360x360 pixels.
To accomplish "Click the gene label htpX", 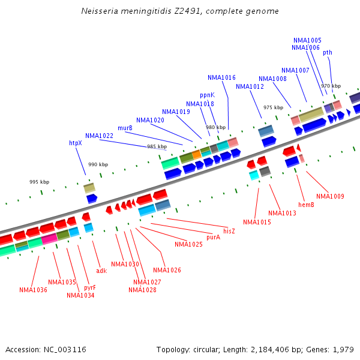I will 76,143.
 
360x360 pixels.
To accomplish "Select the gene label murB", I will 125,128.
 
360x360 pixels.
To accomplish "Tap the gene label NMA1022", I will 99,136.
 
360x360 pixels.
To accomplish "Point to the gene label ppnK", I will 207,95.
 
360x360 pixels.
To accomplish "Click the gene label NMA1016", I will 222,77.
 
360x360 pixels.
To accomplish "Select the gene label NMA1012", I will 250,86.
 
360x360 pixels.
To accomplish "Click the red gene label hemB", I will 306,205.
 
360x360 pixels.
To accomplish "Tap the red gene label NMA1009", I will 330,196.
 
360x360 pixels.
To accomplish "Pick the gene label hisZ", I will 229,231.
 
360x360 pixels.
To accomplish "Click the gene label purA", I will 214,237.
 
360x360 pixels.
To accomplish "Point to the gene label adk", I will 101,262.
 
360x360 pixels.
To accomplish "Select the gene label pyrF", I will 90,287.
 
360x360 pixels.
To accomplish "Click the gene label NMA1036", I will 33,290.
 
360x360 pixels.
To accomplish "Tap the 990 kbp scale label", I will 98,164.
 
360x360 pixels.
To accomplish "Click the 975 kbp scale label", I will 273,107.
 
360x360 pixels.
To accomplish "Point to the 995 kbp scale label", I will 40,182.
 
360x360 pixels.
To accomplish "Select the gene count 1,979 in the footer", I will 342,349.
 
